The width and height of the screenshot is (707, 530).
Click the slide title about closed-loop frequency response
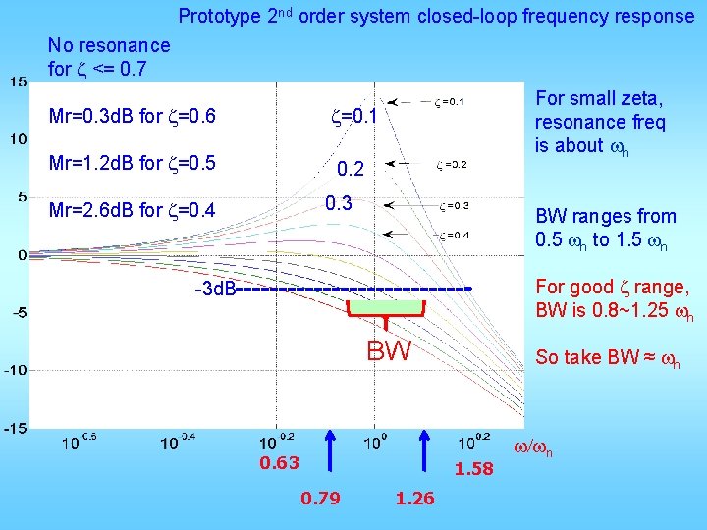point(435,17)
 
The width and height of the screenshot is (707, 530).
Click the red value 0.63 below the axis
point(279,463)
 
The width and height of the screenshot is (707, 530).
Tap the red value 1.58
point(473,469)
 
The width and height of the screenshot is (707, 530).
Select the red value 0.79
point(320,499)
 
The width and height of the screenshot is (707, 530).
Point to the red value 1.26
point(414,499)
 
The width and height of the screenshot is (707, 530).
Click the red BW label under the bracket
point(389,350)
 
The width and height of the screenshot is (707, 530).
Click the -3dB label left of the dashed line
point(213,290)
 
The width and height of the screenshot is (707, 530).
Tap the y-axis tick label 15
point(19,81)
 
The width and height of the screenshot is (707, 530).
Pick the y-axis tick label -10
point(15,370)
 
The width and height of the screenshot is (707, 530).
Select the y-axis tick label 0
point(22,255)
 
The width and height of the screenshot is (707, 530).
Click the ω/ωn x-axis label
point(533,450)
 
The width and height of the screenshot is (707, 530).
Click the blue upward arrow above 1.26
point(425,455)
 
